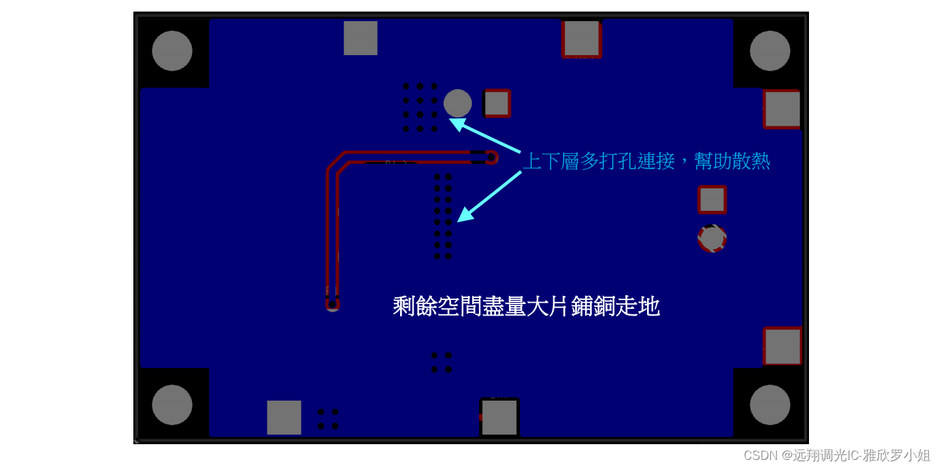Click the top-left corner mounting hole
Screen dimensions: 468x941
click(172, 51)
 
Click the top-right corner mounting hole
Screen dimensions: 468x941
click(770, 51)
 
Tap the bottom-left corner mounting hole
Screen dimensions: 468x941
click(172, 405)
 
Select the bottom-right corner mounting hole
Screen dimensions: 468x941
click(770, 405)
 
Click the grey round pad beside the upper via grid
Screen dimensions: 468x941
click(458, 103)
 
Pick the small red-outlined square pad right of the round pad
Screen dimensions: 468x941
click(497, 103)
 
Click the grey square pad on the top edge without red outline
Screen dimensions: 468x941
click(361, 38)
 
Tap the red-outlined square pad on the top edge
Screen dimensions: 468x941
click(582, 39)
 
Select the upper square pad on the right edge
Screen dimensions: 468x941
click(782, 109)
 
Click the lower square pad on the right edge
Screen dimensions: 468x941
click(782, 346)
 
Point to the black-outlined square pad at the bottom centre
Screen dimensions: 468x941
click(499, 417)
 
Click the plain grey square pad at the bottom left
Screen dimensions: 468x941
click(284, 418)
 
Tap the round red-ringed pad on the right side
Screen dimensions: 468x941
click(712, 239)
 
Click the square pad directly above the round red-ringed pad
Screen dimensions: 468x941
click(712, 200)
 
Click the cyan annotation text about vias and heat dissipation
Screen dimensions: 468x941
click(646, 161)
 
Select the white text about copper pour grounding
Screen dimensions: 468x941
click(526, 307)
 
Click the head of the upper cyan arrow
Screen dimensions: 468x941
click(452, 120)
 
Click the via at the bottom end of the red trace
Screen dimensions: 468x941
click(332, 304)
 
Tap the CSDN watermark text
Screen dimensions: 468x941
click(836, 455)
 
